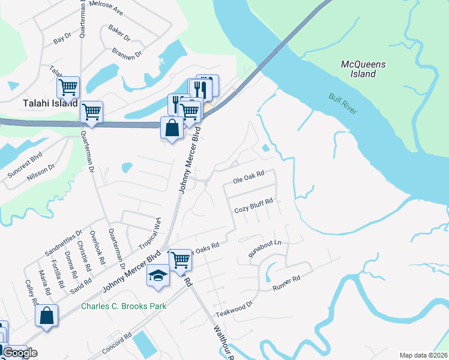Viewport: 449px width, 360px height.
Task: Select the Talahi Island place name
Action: coord(50,103)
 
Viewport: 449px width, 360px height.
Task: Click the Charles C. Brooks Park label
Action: coord(124,307)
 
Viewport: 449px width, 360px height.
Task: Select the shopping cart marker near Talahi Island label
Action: coord(91,112)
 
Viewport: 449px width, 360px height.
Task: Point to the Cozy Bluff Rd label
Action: coord(253,209)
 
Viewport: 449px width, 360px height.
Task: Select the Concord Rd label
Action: coord(116,344)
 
